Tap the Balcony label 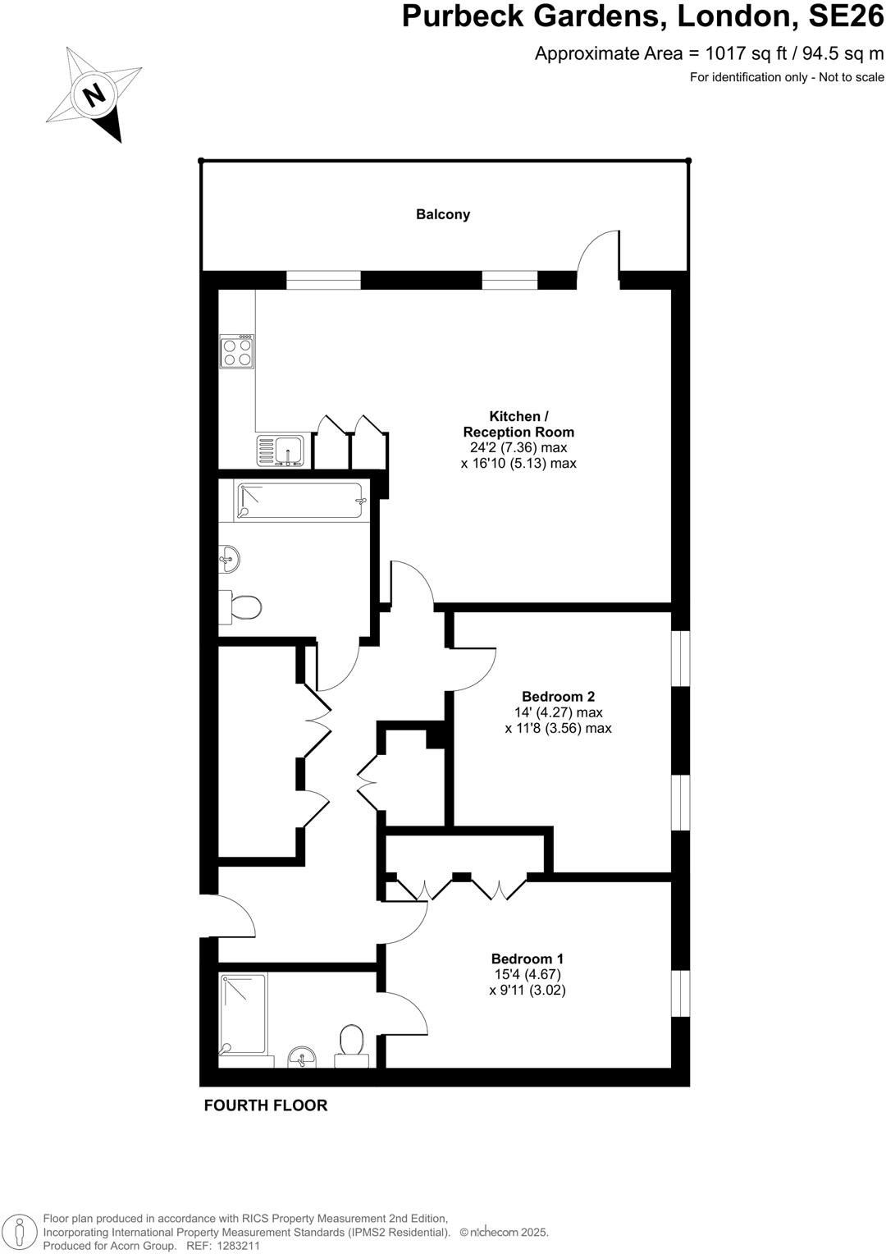443,214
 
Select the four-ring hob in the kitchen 236,351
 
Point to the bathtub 299,500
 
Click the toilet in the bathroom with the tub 243,608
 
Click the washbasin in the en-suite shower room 302,1058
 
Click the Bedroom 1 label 527,959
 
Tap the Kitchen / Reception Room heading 518,423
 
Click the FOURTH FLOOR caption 266,1105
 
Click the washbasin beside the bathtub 229,561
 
